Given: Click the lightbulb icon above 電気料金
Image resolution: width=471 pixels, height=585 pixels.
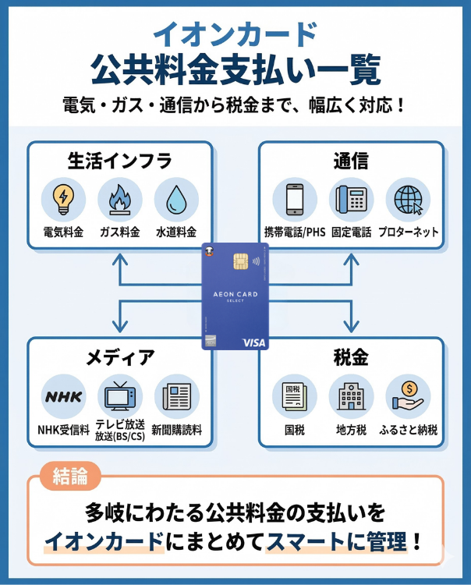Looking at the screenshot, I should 62,199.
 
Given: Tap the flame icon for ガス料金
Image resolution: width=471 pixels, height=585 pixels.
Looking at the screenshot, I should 119,199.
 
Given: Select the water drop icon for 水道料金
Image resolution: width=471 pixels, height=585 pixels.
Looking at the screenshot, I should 176,199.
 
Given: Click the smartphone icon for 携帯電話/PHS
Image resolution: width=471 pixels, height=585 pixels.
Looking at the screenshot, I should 294,199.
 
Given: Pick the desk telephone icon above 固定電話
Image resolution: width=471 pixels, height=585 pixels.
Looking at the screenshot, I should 351,199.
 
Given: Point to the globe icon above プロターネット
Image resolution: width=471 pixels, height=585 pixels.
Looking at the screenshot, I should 408,199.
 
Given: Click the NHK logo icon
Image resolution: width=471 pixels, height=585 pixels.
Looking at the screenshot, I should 62,396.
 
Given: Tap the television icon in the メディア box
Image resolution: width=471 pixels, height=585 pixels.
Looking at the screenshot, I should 119,396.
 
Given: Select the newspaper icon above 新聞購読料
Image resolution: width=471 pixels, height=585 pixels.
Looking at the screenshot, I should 176,396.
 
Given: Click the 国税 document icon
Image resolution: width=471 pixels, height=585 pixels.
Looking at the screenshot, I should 294,396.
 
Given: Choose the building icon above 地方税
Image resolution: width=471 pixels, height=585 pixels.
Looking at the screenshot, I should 351,396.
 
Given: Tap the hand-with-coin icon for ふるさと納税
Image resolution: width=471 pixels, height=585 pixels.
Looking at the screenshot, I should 408,396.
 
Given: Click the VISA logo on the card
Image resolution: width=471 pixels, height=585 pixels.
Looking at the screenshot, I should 253,342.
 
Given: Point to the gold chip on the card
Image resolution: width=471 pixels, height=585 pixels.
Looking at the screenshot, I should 241,262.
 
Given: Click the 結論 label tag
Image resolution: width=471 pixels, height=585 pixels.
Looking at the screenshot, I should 69,477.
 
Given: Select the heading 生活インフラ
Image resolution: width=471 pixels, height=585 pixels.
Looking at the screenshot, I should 119,161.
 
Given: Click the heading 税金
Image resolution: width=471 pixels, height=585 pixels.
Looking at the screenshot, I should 350,358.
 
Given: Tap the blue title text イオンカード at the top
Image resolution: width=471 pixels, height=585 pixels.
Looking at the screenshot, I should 235,34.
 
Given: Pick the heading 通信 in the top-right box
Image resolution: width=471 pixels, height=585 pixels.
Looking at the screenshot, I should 350,161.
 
